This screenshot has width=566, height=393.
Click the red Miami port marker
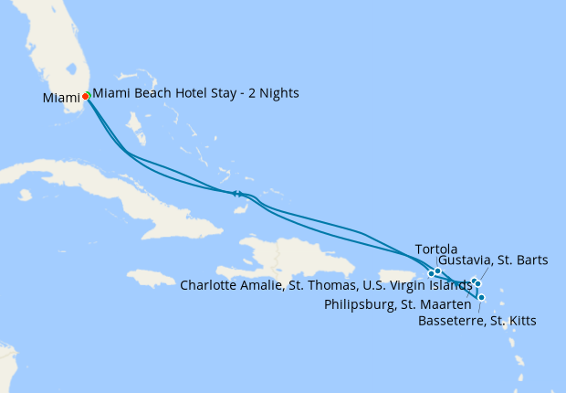tap(86, 95)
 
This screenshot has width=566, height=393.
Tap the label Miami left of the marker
tap(60, 98)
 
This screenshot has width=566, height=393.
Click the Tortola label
tap(435, 250)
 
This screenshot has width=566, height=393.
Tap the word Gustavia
tap(466, 260)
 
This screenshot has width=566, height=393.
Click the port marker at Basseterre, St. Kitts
tap(481, 297)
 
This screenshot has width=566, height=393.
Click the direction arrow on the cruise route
tap(236, 193)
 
